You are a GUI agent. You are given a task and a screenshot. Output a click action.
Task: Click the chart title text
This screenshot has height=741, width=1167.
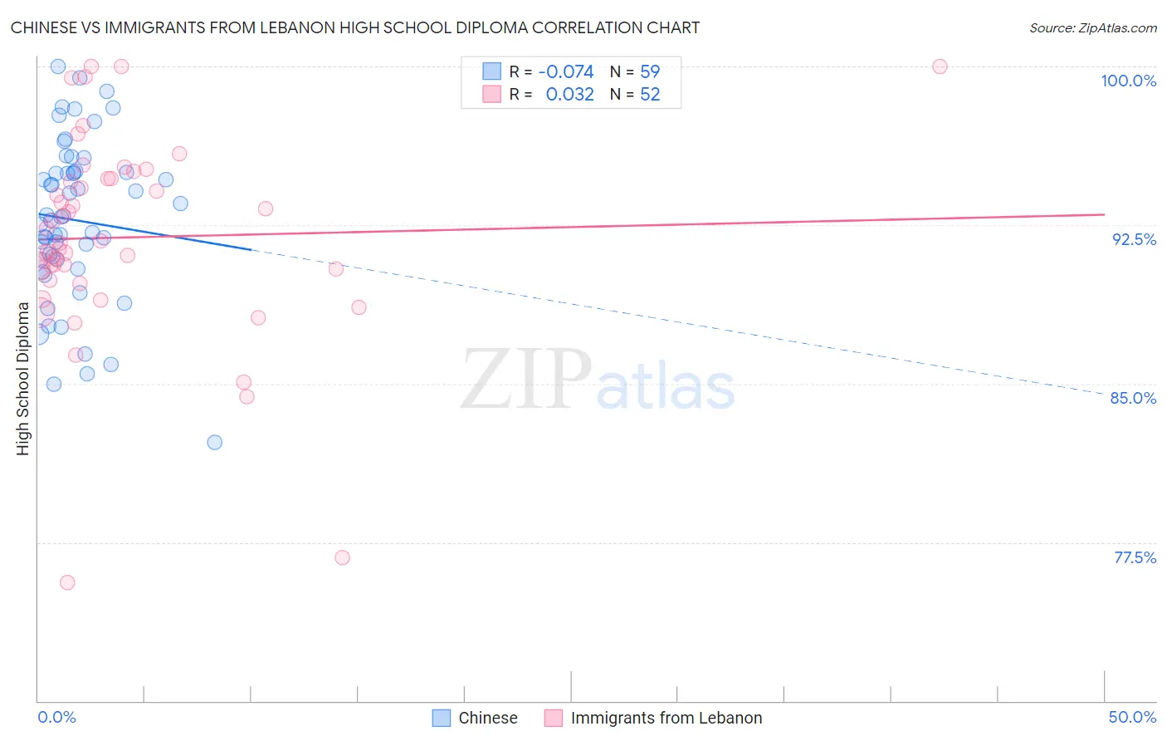coord(355,27)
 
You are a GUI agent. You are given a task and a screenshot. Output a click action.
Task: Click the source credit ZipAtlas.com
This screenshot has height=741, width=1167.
coord(1092,27)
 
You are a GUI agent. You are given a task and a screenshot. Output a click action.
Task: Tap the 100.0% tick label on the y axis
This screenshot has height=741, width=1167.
coord(1128,81)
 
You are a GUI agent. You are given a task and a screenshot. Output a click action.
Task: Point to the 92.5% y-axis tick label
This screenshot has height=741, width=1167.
coord(1134,239)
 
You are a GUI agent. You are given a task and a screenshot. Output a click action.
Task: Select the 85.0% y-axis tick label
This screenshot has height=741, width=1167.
coord(1133,398)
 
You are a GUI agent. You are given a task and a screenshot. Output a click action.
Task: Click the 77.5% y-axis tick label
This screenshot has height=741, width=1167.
coord(1135,557)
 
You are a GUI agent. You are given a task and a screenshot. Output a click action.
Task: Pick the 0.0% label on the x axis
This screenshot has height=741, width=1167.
coord(56,717)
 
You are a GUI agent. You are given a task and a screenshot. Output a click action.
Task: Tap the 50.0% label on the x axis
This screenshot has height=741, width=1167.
coord(1132,717)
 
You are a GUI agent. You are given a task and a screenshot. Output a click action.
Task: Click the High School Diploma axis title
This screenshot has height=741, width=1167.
coord(23,378)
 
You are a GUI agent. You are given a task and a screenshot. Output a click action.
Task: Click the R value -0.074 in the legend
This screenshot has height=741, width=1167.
coord(566,72)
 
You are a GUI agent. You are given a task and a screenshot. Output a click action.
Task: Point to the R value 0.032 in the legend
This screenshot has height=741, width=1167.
coord(569,95)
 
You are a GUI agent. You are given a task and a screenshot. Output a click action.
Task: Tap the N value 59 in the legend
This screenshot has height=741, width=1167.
coord(650,72)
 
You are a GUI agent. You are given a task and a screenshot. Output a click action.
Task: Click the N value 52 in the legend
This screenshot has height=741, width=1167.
coord(650,95)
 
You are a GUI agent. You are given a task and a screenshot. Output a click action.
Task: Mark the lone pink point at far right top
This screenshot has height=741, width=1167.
coord(940,66)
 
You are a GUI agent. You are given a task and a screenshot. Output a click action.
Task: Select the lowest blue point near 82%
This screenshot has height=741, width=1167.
coord(215,442)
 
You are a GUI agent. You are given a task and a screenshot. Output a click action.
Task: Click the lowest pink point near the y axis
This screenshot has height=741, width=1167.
coord(67,582)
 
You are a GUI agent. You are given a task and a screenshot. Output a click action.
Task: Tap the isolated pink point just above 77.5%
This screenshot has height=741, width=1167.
coord(342,557)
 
